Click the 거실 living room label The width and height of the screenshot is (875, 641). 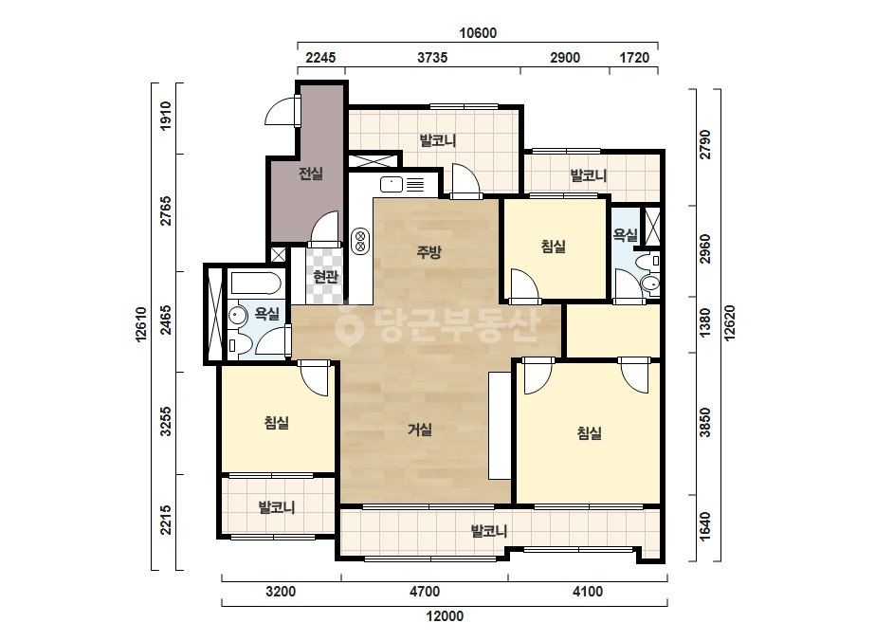(420, 430)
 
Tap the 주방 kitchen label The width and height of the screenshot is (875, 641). (428, 252)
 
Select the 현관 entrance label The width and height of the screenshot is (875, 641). (325, 276)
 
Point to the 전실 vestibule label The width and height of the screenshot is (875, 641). (311, 174)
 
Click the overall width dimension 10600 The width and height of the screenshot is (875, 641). (478, 33)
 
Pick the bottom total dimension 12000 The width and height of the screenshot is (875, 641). (445, 616)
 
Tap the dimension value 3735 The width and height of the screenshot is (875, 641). (432, 58)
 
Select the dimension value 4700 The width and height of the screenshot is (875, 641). (425, 592)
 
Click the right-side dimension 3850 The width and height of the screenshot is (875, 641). (705, 423)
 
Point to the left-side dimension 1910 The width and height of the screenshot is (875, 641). (166, 116)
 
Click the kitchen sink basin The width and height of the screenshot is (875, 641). (392, 184)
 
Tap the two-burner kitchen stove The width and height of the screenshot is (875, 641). (360, 241)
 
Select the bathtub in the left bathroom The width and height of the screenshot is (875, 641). (255, 284)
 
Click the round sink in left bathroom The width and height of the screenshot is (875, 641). (238, 316)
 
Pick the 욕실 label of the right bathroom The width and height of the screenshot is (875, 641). (625, 235)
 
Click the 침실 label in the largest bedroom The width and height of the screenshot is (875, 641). (590, 432)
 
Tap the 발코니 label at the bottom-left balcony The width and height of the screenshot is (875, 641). (277, 507)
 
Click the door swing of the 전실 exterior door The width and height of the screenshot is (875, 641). (281, 111)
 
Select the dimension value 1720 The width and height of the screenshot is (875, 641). (634, 58)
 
